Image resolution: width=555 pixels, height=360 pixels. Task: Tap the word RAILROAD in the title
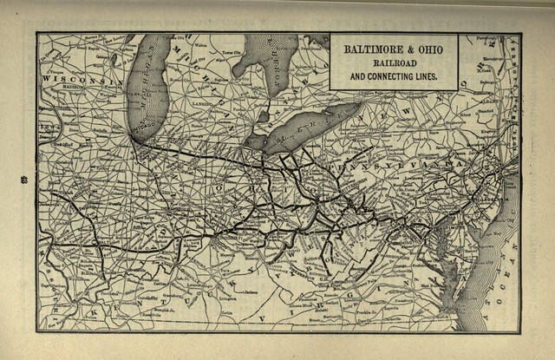point(393,63)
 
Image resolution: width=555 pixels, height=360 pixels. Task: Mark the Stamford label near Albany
point(499,111)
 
